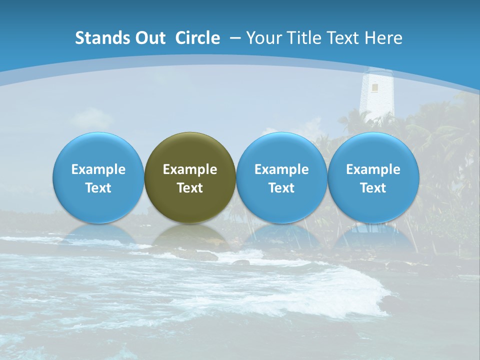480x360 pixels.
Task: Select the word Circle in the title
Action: point(197,38)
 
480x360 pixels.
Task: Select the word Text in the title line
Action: point(344,38)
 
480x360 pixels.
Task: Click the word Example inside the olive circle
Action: point(190,169)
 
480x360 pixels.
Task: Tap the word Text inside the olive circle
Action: point(190,188)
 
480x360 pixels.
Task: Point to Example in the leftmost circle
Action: point(98,169)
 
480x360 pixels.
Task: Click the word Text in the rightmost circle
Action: point(373,188)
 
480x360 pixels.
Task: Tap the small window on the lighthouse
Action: point(374,88)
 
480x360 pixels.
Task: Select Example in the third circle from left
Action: point(281,169)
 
